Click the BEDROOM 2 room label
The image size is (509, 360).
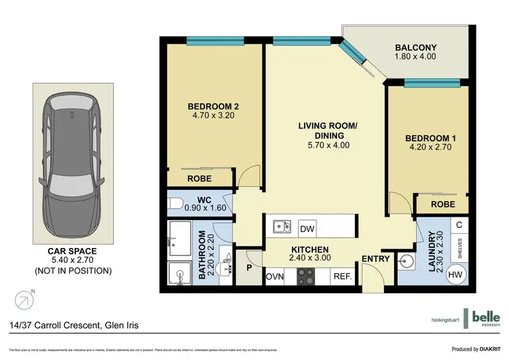(212, 106)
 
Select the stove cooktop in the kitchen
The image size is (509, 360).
(306, 276)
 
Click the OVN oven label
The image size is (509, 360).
(274, 276)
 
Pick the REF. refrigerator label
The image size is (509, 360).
(340, 276)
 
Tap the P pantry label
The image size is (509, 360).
(250, 268)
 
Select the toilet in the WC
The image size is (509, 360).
(176, 202)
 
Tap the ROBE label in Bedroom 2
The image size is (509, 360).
(199, 179)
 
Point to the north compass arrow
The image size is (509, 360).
(26, 298)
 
